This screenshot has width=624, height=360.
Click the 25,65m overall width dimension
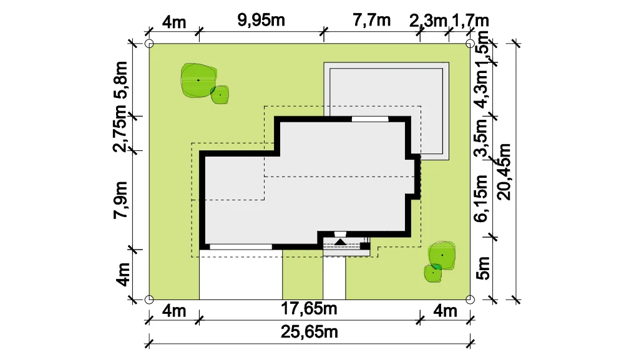coord(310,332)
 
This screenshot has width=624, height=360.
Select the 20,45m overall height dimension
coord(504,172)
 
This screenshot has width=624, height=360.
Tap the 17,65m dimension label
coord(309,308)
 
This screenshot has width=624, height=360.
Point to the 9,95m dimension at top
coord(261,20)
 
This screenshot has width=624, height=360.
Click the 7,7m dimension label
coord(372,20)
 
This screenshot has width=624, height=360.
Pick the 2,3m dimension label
coord(428,21)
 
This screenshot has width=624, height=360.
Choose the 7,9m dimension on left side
coord(120,200)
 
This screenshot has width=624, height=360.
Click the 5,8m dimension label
coord(120,80)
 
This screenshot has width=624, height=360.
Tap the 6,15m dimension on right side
coord(481,198)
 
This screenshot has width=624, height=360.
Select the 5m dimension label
coord(483,268)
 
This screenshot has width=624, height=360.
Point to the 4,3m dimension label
coord(480,89)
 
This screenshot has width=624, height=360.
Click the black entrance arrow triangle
coord(340,242)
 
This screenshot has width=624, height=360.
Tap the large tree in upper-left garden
coord(198,80)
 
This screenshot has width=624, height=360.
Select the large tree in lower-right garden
coord(442,255)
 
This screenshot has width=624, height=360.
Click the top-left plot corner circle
coord(149,43)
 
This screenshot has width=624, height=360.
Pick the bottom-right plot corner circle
coord(470,299)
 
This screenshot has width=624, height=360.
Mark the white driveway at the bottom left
coord(241,275)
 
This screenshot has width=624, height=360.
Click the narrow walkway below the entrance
coord(334,278)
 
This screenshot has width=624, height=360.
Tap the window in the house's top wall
coord(370,119)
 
